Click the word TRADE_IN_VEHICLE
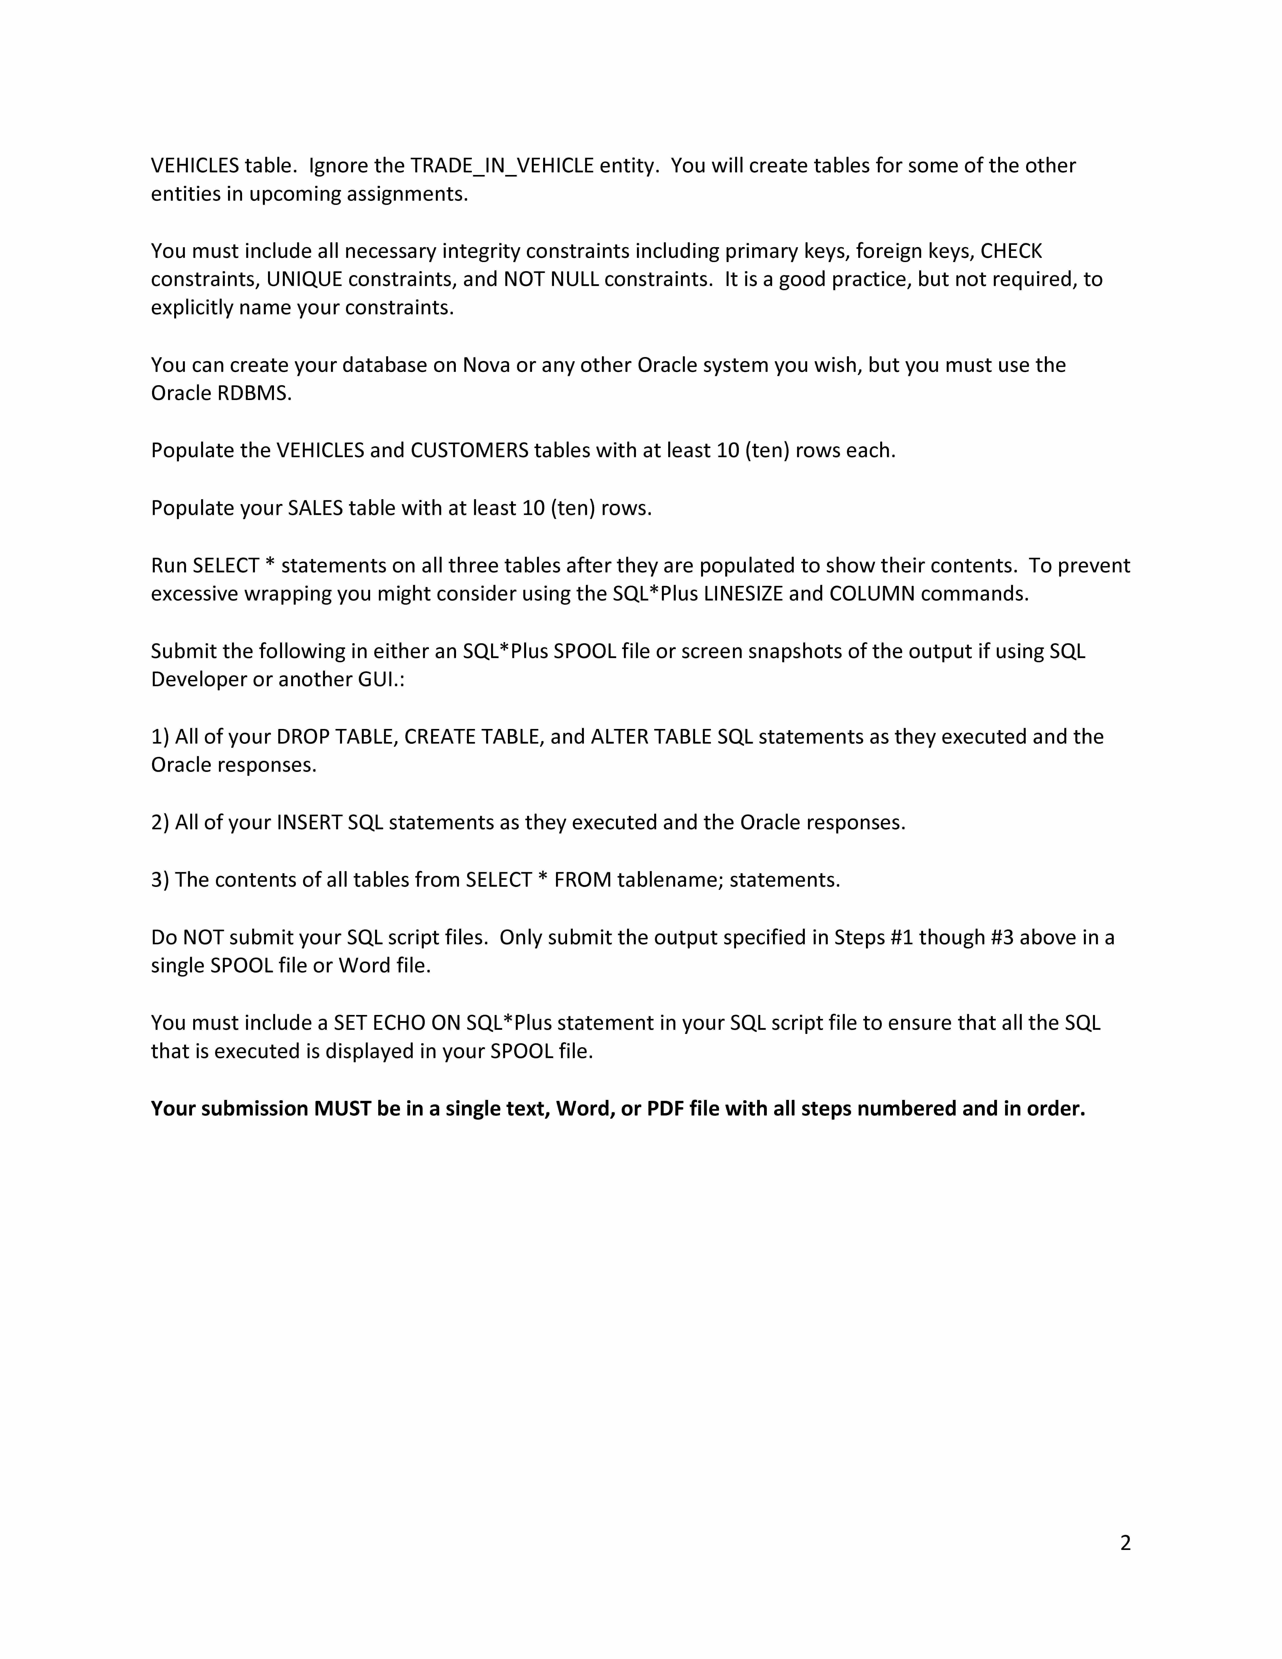pyautogui.click(x=501, y=166)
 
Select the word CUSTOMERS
pyautogui.click(x=469, y=450)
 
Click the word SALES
pyautogui.click(x=315, y=508)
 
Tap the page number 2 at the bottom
pyautogui.click(x=1125, y=1543)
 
